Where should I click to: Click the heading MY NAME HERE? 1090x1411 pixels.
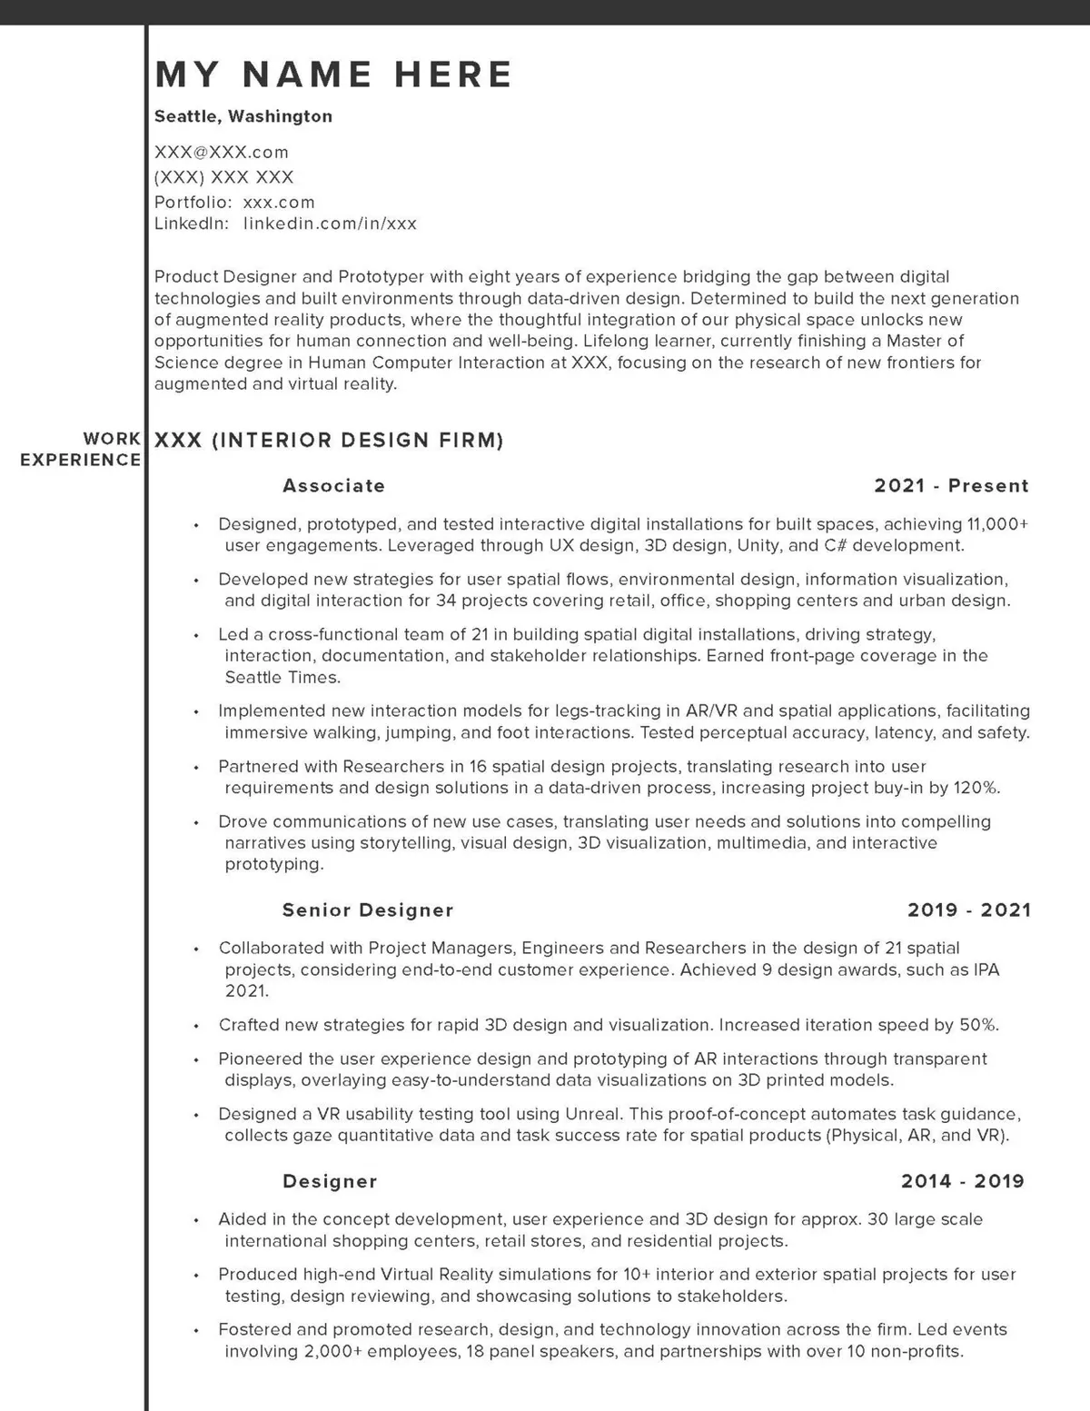point(333,75)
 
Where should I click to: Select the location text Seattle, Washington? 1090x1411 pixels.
point(243,116)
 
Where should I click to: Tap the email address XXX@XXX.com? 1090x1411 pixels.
point(222,152)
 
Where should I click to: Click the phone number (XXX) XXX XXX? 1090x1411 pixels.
point(223,177)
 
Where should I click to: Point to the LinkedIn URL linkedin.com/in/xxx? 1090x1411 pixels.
point(330,224)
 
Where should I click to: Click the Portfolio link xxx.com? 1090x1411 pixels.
point(279,202)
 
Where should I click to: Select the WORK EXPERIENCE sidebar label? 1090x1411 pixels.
point(81,449)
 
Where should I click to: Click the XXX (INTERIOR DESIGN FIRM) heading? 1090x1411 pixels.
point(329,441)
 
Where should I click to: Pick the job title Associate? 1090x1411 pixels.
point(333,486)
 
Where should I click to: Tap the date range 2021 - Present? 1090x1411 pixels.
point(951,486)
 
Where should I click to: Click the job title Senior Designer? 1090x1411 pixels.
point(368,910)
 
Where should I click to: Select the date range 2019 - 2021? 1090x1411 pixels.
point(969,910)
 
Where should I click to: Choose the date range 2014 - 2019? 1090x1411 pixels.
point(962,1181)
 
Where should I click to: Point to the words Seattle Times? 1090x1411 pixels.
point(269,678)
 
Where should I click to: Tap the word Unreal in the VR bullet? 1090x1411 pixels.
point(592,1114)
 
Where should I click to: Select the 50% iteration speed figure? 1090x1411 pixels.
point(978,1025)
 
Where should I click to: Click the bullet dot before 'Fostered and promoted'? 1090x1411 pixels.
point(196,1331)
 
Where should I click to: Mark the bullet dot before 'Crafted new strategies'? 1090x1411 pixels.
point(196,1027)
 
